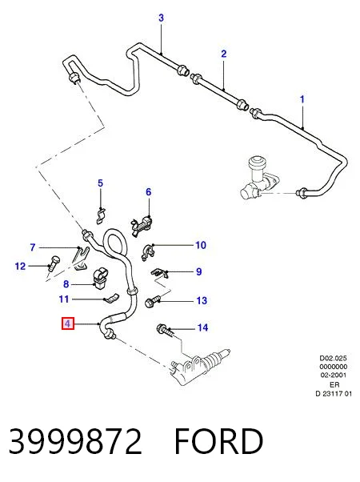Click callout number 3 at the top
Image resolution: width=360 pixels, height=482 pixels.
click(162, 18)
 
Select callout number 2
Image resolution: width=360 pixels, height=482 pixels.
click(224, 54)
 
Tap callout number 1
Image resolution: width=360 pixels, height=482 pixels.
click(302, 99)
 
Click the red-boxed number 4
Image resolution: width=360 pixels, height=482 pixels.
click(68, 323)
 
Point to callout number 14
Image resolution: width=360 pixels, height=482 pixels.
click(202, 327)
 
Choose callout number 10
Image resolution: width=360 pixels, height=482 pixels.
click(201, 245)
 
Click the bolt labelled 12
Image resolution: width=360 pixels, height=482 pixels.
click(54, 263)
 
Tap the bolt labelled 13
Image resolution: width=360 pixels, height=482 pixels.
click(152, 300)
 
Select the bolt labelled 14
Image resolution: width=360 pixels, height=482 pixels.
click(166, 331)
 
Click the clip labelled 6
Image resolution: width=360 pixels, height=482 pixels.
click(142, 227)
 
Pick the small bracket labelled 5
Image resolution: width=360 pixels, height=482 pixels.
click(100, 215)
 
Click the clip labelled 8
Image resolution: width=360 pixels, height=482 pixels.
click(99, 279)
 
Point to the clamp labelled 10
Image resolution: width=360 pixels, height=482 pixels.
click(148, 252)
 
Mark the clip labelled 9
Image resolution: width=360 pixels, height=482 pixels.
click(160, 273)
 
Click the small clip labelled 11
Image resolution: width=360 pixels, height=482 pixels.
click(111, 298)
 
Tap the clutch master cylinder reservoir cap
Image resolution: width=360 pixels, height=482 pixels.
click(256, 163)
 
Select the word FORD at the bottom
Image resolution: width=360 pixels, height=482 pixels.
click(218, 441)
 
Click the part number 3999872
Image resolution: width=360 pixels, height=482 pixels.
click(75, 441)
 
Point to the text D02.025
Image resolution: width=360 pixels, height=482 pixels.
click(334, 358)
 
